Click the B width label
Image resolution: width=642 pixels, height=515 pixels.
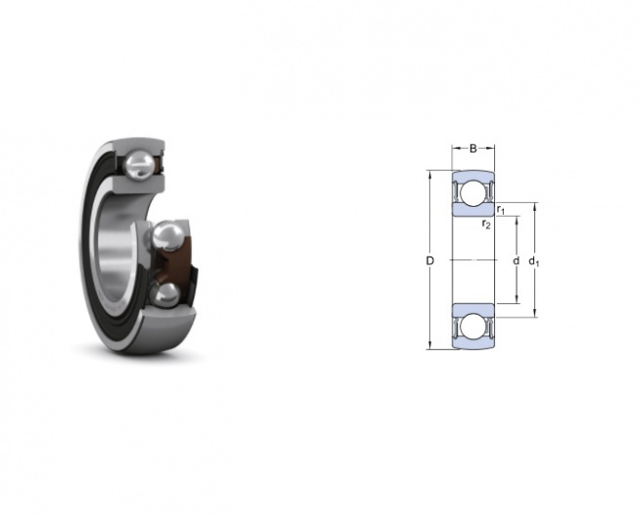coord(473,148)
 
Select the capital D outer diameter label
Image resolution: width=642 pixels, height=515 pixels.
coord(430,260)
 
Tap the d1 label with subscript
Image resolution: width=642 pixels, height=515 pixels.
coord(533,261)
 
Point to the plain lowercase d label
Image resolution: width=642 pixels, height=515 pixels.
coord(517,260)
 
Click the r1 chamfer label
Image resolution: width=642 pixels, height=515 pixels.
coord(501,210)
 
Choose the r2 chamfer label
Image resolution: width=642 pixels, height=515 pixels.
coord(486,223)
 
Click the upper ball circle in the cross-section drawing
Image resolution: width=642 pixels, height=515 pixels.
coord(473,192)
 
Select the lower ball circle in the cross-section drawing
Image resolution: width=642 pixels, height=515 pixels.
coord(473,326)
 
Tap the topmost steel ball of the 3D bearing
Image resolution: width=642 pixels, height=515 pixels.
coord(139,164)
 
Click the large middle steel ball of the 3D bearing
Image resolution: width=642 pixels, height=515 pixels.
coord(168,235)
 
